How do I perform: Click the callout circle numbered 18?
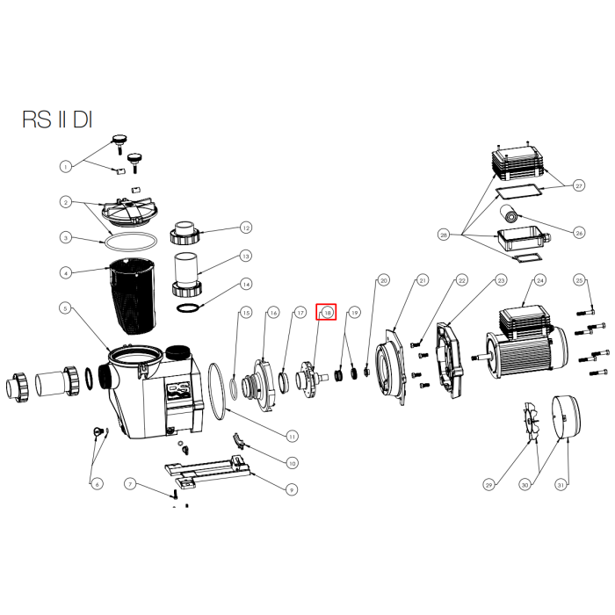tap(327, 313)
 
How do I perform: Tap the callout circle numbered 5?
tap(66, 308)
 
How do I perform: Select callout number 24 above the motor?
tap(540, 280)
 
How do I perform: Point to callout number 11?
tap(292, 436)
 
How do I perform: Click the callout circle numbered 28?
tap(444, 235)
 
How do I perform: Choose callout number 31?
tap(561, 485)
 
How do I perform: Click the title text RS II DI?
tap(57, 119)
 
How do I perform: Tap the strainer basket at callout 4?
tap(132, 296)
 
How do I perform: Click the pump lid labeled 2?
tap(129, 213)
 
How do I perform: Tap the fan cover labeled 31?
tap(566, 417)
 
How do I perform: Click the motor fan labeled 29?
tap(531, 421)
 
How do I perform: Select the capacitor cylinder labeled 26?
tap(510, 213)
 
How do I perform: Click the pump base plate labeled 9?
tap(207, 471)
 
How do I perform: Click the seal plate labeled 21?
tap(391, 366)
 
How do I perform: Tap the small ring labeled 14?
tap(189, 307)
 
